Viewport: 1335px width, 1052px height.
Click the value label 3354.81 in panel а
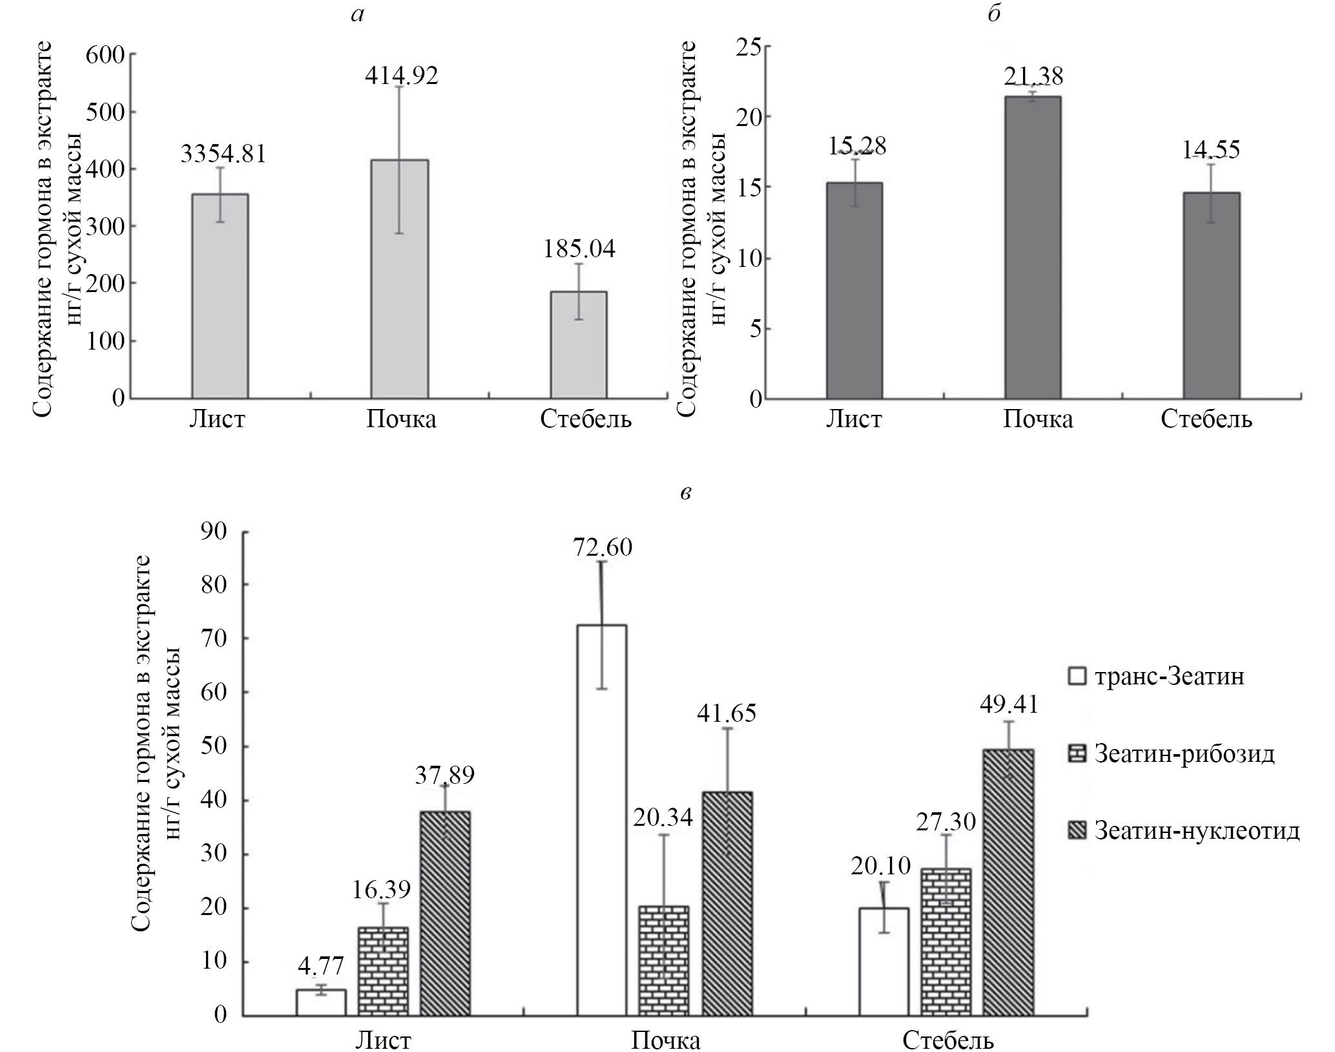point(223,154)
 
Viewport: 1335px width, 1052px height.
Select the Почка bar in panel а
point(399,278)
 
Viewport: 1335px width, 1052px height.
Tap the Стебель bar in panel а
point(578,344)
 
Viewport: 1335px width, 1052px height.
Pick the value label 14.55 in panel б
point(1211,150)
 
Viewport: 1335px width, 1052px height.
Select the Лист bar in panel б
point(854,290)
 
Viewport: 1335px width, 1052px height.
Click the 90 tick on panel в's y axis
point(216,532)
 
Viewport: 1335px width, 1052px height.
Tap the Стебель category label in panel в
point(948,1040)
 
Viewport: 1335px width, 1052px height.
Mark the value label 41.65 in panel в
point(727,713)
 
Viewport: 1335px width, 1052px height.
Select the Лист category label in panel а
point(217,419)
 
